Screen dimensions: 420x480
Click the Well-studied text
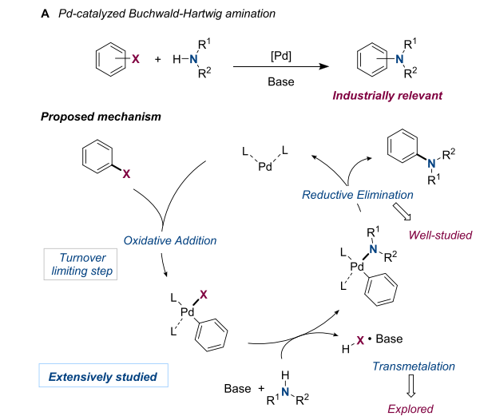pos(440,236)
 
